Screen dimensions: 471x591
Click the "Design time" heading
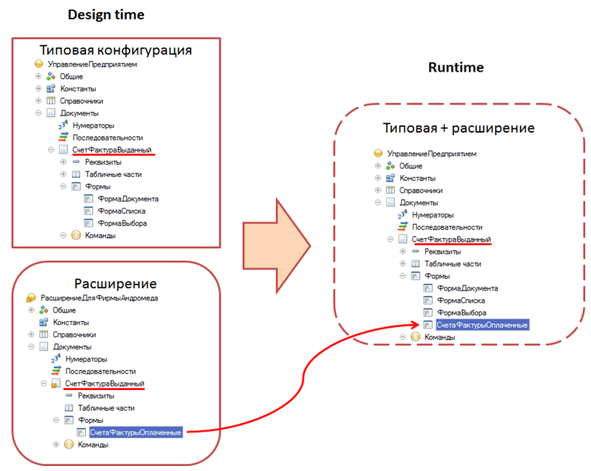tap(105, 14)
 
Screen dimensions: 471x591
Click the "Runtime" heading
tap(456, 67)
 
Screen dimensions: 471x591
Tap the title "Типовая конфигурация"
tap(115, 50)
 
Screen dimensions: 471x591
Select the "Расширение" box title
tap(115, 283)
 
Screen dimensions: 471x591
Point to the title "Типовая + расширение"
tap(458, 128)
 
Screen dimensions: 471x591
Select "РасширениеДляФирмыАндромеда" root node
tap(100, 298)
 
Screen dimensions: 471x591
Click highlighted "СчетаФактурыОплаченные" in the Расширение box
tap(135, 432)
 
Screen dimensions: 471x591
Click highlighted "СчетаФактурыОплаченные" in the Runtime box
tap(481, 325)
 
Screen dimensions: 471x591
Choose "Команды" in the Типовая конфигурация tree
tap(100, 235)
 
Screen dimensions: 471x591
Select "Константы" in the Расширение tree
tap(71, 322)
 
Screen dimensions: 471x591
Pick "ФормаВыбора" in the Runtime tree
tap(462, 313)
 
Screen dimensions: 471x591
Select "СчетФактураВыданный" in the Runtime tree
tap(451, 239)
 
